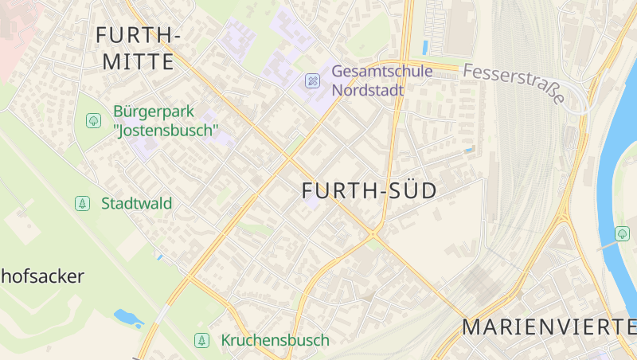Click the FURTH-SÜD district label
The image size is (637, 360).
369,191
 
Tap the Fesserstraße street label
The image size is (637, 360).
513,84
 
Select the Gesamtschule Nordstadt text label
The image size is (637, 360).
382,80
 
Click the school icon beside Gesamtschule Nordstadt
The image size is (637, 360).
313,80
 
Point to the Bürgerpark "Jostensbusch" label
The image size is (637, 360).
166,120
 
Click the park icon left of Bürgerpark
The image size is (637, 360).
93,120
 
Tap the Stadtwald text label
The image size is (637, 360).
136,203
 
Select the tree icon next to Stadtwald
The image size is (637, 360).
82,203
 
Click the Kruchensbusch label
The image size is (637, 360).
275,340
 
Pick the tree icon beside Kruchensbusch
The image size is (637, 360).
202,340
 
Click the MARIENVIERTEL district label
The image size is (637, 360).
549,327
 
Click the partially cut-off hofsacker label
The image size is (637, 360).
41,277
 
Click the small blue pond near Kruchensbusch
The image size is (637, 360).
128,318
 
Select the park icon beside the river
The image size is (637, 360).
623,233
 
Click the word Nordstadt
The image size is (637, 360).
368,89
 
